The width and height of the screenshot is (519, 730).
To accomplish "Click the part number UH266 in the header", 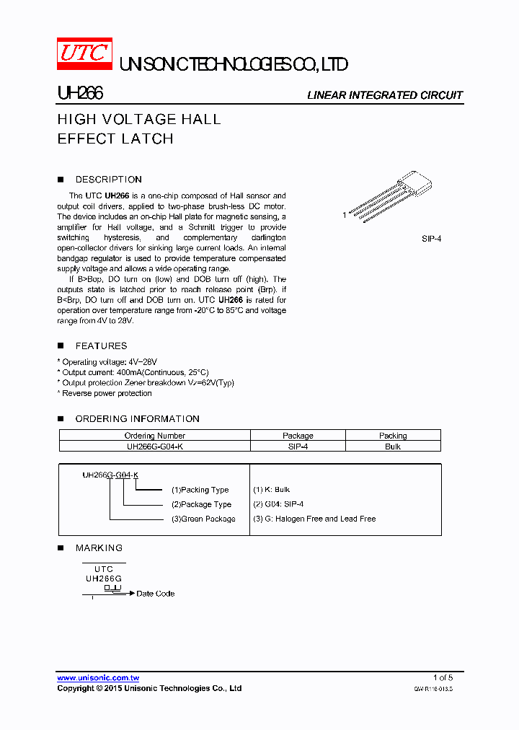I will [x=80, y=94].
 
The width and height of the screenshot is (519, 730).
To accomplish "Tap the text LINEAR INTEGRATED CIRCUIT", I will [x=385, y=95].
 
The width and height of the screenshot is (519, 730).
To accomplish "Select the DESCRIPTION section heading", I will [x=108, y=180].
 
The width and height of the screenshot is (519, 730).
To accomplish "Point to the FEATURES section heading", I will [x=101, y=346].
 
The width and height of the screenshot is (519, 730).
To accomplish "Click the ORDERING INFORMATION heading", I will [x=137, y=419].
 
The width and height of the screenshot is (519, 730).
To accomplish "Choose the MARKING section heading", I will [x=99, y=548].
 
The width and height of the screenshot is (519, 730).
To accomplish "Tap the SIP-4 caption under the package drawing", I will [x=431, y=238].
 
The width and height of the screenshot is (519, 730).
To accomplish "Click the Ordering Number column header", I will [x=154, y=436].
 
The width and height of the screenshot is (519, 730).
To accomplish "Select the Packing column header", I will [x=393, y=436].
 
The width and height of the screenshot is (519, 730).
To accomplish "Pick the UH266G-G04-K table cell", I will [x=154, y=447].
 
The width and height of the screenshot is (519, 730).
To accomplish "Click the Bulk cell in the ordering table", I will [x=393, y=447].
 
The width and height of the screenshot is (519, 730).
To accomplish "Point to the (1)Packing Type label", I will [x=200, y=490].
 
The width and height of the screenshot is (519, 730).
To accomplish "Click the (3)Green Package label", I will [x=203, y=519].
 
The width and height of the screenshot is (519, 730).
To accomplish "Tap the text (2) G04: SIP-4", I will [x=278, y=504].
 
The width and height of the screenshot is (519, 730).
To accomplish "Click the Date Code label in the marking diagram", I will [x=156, y=594].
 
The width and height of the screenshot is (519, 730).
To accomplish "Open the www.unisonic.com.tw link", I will [x=98, y=678].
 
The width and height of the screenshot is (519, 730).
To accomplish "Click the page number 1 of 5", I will [x=443, y=677].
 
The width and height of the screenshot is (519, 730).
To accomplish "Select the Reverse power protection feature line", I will [x=106, y=394].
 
